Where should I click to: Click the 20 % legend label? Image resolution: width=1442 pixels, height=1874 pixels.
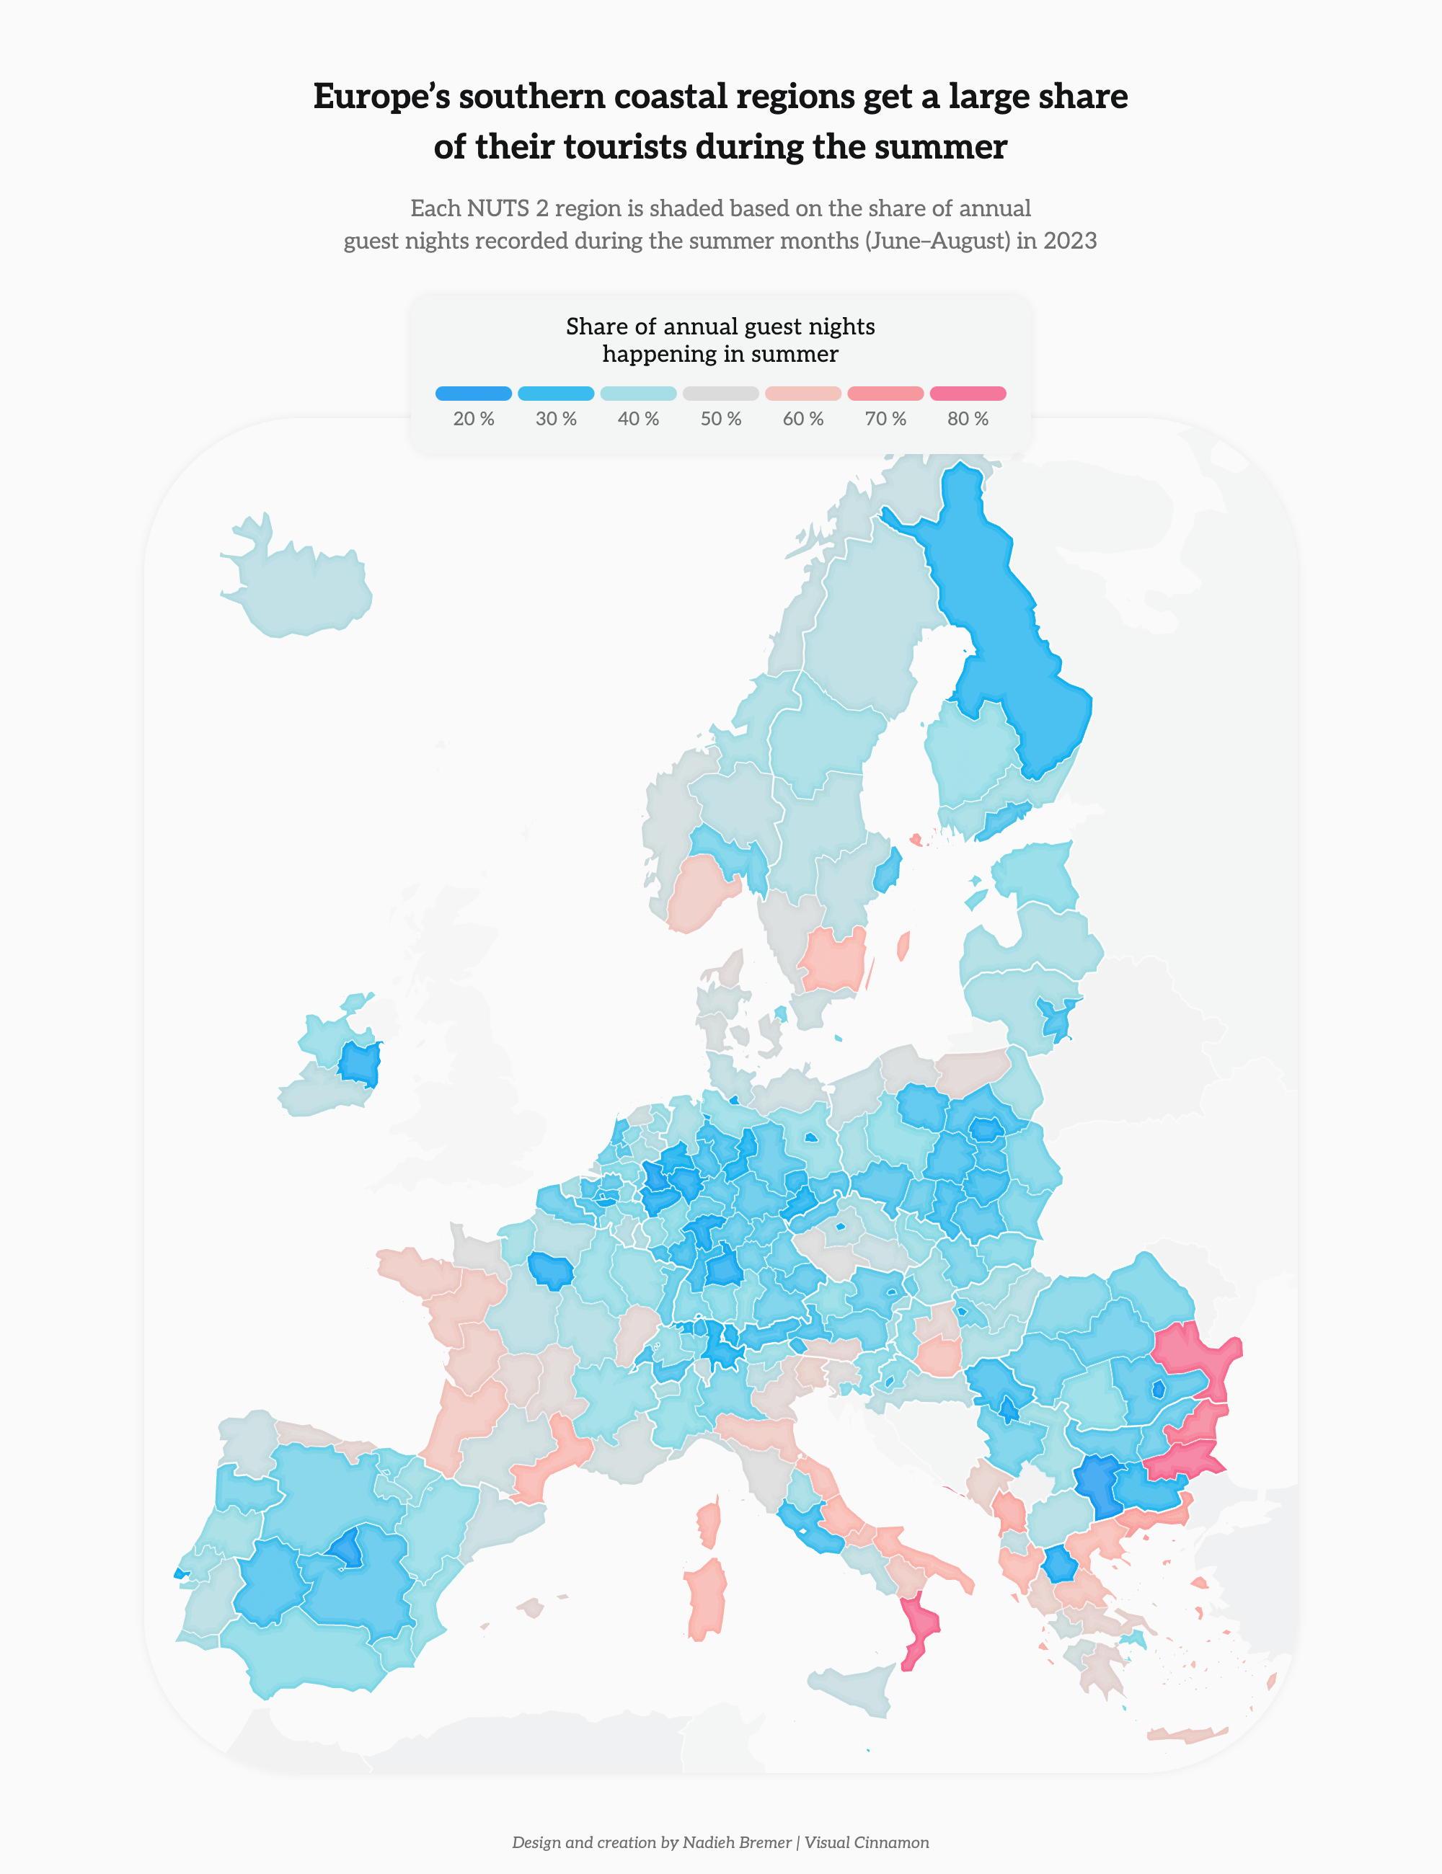click(x=473, y=419)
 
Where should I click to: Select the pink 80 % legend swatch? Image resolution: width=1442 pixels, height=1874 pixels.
click(x=968, y=394)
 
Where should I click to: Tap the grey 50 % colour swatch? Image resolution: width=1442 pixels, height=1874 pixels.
click(x=720, y=394)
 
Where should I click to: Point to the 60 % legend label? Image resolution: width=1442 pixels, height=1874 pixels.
click(x=802, y=419)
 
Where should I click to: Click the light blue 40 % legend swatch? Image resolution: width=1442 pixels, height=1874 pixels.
click(x=638, y=394)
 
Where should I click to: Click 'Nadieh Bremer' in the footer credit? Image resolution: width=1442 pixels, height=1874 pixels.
click(x=736, y=1842)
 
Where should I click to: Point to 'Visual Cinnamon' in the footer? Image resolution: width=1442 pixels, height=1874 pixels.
click(x=866, y=1842)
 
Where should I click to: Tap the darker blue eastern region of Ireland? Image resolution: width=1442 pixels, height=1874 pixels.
click(x=360, y=1065)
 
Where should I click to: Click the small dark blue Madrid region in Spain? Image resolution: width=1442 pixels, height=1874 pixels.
click(x=348, y=1550)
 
